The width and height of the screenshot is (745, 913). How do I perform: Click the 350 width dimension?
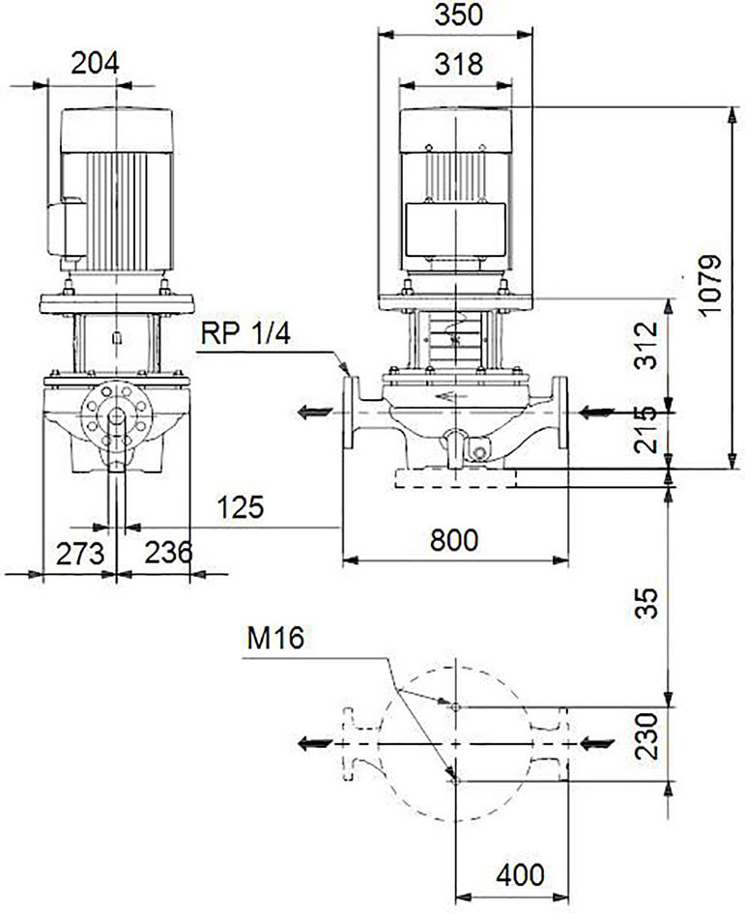point(458,15)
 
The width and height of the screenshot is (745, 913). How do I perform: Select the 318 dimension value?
point(458,65)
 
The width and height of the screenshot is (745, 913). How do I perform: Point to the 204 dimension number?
point(95,63)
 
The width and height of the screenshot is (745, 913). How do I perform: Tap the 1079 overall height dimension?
point(710,284)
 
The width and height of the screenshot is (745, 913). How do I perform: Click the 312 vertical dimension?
point(646,345)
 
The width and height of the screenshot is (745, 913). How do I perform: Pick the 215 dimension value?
point(646,430)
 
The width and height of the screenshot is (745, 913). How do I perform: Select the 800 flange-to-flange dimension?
point(454,540)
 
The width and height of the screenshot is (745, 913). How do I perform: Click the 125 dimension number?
point(241,508)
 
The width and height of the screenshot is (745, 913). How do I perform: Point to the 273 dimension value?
point(80,554)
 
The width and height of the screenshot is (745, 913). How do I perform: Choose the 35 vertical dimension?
point(646,603)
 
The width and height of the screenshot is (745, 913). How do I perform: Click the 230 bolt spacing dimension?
point(646,736)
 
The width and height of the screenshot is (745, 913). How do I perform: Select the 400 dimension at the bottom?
point(520,874)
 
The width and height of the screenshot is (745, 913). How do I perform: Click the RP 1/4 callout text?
point(245,334)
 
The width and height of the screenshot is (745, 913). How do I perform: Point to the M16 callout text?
point(275,639)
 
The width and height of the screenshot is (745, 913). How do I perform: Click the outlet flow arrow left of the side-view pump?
point(315,413)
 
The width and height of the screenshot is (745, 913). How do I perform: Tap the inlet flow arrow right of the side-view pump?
point(596,413)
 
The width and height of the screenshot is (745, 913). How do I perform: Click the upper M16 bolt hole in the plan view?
point(455,707)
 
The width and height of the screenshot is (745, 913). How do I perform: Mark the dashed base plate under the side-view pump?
point(455,478)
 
